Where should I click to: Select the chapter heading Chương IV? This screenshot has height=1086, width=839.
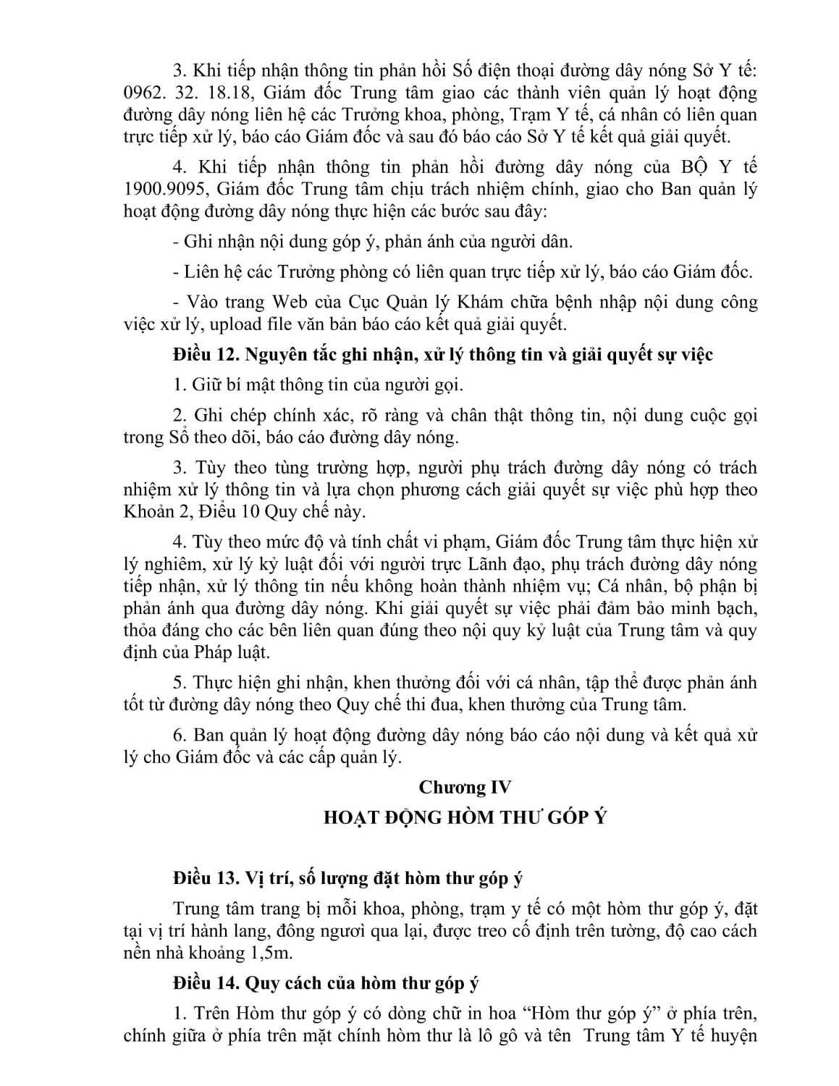tap(465, 787)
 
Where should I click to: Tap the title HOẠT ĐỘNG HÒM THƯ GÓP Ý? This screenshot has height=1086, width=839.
tap(465, 817)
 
